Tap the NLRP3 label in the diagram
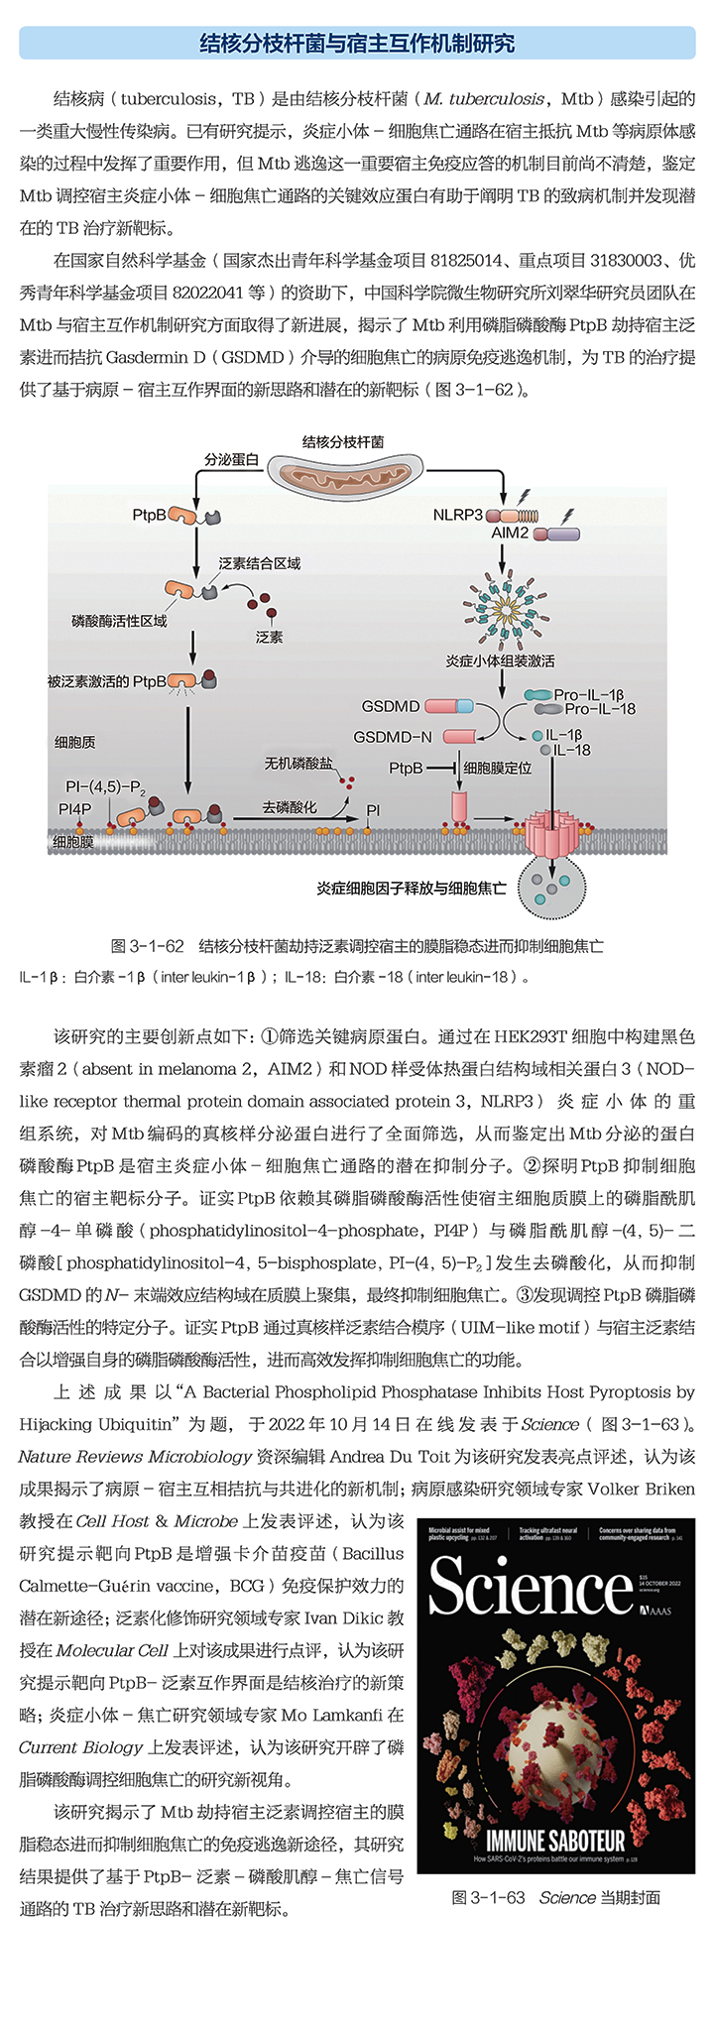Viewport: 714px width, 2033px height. point(457,515)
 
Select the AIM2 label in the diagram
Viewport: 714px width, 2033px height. point(510,534)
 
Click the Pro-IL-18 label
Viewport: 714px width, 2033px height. point(600,709)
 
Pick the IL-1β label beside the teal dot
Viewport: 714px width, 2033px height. point(563,735)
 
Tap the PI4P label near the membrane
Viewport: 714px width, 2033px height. point(74,809)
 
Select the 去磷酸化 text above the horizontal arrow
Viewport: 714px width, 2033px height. point(290,808)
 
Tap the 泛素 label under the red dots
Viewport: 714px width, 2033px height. point(269,637)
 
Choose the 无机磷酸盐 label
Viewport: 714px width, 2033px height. point(298,764)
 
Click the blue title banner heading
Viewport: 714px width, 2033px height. point(357,44)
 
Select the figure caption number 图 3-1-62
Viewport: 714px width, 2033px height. point(148,946)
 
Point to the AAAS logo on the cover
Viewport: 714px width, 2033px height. point(655,1611)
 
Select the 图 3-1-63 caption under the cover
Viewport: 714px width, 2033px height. point(488,1897)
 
